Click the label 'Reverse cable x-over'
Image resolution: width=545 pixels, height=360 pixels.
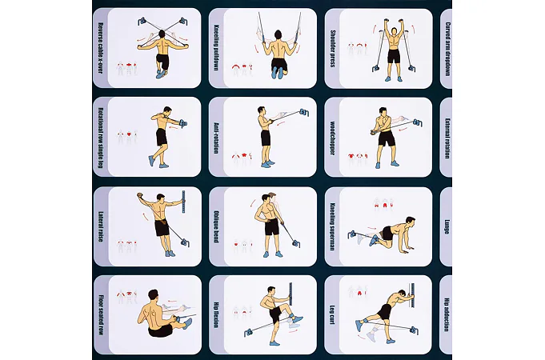pos(101,48)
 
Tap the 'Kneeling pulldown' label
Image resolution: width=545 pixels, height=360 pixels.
pos(216,48)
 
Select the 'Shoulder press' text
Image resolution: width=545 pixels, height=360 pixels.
pos(332,48)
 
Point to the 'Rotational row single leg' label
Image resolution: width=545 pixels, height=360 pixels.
pos(101,138)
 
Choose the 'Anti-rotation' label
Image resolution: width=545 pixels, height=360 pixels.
pos(216,138)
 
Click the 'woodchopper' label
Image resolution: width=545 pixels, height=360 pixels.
pos(332,138)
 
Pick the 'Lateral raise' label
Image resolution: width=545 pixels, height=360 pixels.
pos(101,226)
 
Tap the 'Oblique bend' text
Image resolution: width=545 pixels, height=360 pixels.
pos(216,226)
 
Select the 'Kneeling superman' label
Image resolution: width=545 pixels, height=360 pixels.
pos(332,226)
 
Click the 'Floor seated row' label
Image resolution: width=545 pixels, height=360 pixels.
pos(101,315)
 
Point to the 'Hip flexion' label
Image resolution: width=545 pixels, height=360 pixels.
pos(216,315)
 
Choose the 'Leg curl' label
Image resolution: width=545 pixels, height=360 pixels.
pos(332,315)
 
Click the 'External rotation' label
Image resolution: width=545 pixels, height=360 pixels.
pos(447,138)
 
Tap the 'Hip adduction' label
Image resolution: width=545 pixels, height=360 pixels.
pos(447,314)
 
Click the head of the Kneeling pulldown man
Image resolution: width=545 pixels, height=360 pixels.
pos(278,34)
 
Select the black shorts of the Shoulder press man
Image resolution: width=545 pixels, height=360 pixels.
pos(394,56)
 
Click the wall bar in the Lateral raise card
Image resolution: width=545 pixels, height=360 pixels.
pos(183,202)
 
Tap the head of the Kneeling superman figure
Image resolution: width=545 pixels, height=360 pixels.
pos(410,222)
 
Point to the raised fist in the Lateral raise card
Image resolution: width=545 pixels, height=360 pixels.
pos(139,195)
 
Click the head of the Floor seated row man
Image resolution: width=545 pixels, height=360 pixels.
pos(154,295)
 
